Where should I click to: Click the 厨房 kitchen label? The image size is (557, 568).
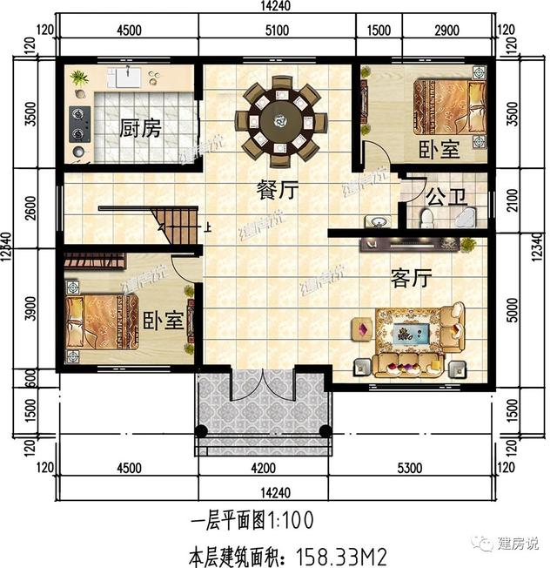point(140,130)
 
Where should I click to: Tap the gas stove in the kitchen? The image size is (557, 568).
point(79,123)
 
